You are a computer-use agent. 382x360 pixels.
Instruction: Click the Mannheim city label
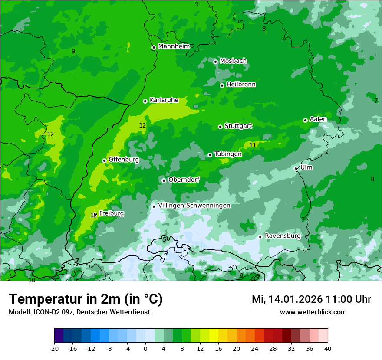coord(174,46)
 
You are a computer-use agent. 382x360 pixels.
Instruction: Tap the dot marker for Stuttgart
coord(220,127)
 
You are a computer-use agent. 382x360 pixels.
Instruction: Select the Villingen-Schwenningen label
coord(194,206)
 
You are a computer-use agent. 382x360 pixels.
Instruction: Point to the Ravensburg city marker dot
coord(260,237)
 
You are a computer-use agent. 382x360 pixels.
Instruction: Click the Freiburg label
coord(111,213)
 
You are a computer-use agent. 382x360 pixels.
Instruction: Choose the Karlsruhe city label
coord(164,100)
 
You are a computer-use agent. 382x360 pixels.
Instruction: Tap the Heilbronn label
coord(241,85)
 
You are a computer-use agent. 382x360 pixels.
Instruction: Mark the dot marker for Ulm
coord(296,168)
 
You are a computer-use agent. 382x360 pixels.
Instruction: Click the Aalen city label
coord(318,119)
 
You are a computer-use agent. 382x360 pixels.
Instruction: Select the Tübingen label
coord(227,154)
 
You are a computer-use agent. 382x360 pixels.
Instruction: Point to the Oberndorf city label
coord(184,180)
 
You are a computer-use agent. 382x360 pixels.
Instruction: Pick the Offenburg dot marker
coord(104,160)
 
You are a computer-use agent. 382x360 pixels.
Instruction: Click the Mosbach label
coord(233,61)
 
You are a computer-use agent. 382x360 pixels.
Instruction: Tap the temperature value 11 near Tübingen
coord(253,145)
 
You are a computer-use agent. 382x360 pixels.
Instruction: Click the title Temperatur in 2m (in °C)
coord(86,299)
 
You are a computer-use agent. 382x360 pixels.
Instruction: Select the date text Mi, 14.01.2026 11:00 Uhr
coord(311,299)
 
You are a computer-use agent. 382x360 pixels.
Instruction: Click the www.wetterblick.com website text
coord(313,312)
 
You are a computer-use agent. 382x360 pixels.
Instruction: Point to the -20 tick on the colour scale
coord(54,348)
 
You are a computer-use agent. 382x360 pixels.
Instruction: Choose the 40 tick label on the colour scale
coord(327,348)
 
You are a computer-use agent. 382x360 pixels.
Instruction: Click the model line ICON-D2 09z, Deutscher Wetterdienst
coord(79,312)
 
